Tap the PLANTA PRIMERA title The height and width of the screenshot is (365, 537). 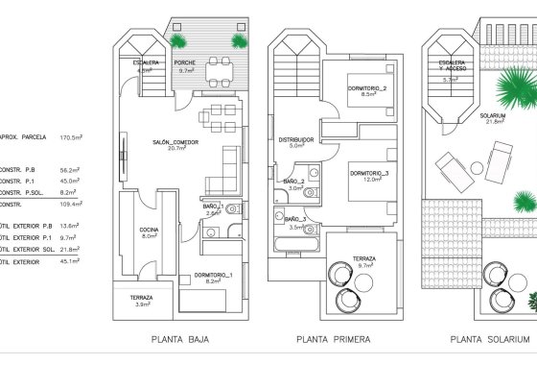tap(328, 339)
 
